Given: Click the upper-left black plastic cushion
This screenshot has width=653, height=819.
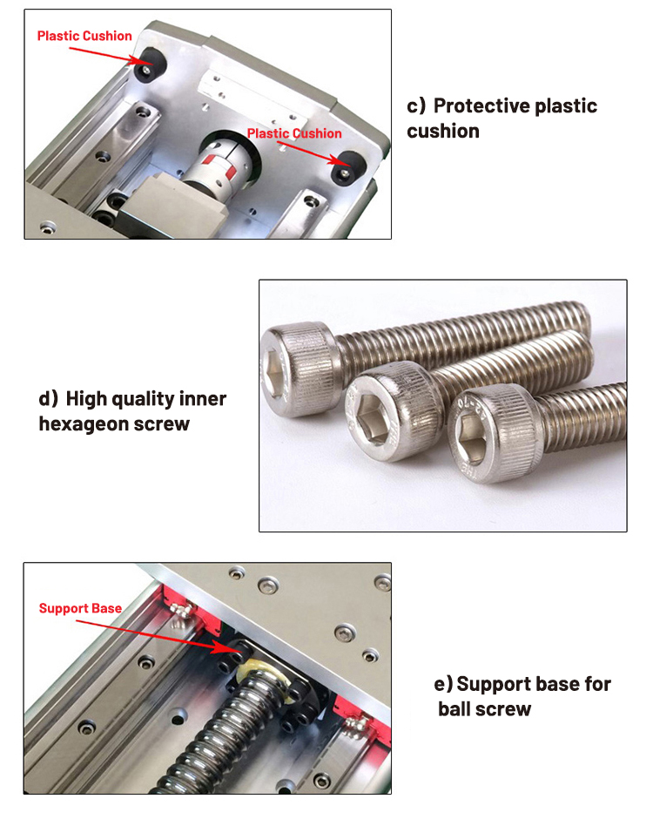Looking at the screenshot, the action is tap(150, 64).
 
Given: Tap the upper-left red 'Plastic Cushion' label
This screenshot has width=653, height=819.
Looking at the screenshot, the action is tap(84, 36).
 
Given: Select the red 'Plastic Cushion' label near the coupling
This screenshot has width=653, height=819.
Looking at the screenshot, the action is tap(294, 133).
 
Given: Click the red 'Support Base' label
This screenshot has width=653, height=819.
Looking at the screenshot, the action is tap(80, 608).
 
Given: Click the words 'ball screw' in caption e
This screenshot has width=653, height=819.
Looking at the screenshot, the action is tap(484, 709).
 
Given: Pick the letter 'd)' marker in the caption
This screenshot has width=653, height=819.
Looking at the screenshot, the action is tap(49, 399).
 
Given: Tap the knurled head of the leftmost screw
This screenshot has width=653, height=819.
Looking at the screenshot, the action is tap(300, 369).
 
